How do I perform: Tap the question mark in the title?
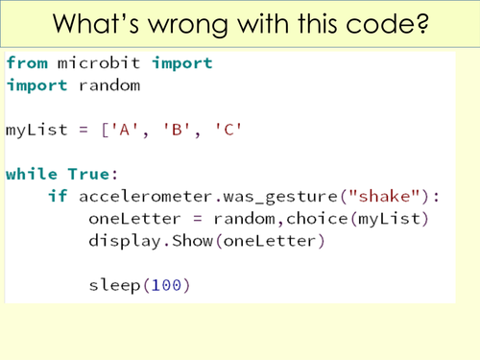[x=421, y=23]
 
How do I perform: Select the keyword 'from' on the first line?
[x=26, y=63]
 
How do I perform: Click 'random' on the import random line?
[x=109, y=85]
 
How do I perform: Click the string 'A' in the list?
[x=122, y=130]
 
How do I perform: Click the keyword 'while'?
[x=32, y=174]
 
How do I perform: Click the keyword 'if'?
[x=57, y=196]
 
